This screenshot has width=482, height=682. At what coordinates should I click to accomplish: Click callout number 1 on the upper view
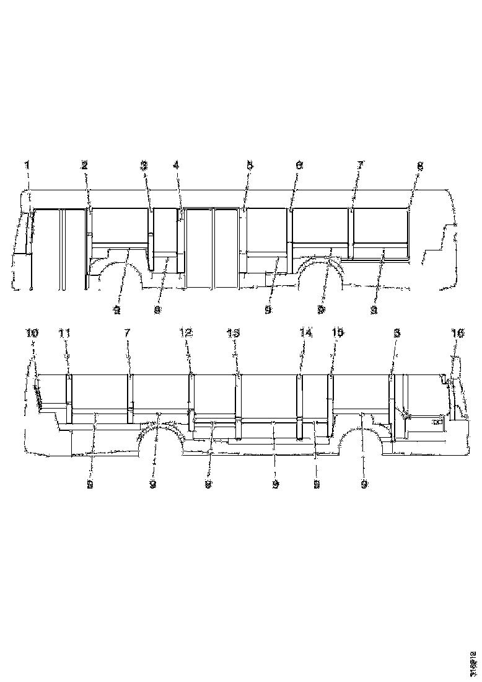27,165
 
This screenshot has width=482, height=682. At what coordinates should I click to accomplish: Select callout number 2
84,165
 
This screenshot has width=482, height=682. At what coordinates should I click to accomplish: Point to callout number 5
250,166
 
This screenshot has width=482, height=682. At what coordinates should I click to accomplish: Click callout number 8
420,166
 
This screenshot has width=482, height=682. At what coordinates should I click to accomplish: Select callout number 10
32,334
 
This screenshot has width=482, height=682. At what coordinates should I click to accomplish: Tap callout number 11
64,334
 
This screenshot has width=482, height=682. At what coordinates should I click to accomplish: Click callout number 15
336,334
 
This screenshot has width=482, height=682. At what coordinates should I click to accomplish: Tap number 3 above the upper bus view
144,165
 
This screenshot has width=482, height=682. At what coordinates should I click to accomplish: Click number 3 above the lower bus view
397,334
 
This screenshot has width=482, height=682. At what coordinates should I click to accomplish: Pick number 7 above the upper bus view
360,165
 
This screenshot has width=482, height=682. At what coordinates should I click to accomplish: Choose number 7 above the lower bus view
128,334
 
